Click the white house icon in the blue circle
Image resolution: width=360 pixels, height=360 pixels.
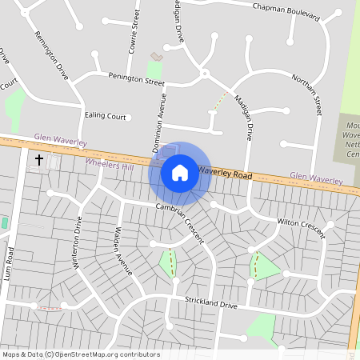tap(180, 172)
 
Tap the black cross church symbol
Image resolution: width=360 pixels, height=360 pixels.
tap(38, 160)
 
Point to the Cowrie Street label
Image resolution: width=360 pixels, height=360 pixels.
tap(134, 28)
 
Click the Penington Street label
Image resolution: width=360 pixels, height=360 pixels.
tap(137, 79)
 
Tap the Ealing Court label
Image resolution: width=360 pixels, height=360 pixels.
tap(106, 117)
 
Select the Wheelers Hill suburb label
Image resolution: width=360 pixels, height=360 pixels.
tap(110, 164)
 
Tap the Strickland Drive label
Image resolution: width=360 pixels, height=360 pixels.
tap(211, 305)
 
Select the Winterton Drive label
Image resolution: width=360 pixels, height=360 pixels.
tap(78, 243)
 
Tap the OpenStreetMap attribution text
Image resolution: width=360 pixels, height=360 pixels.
tap(80, 354)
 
